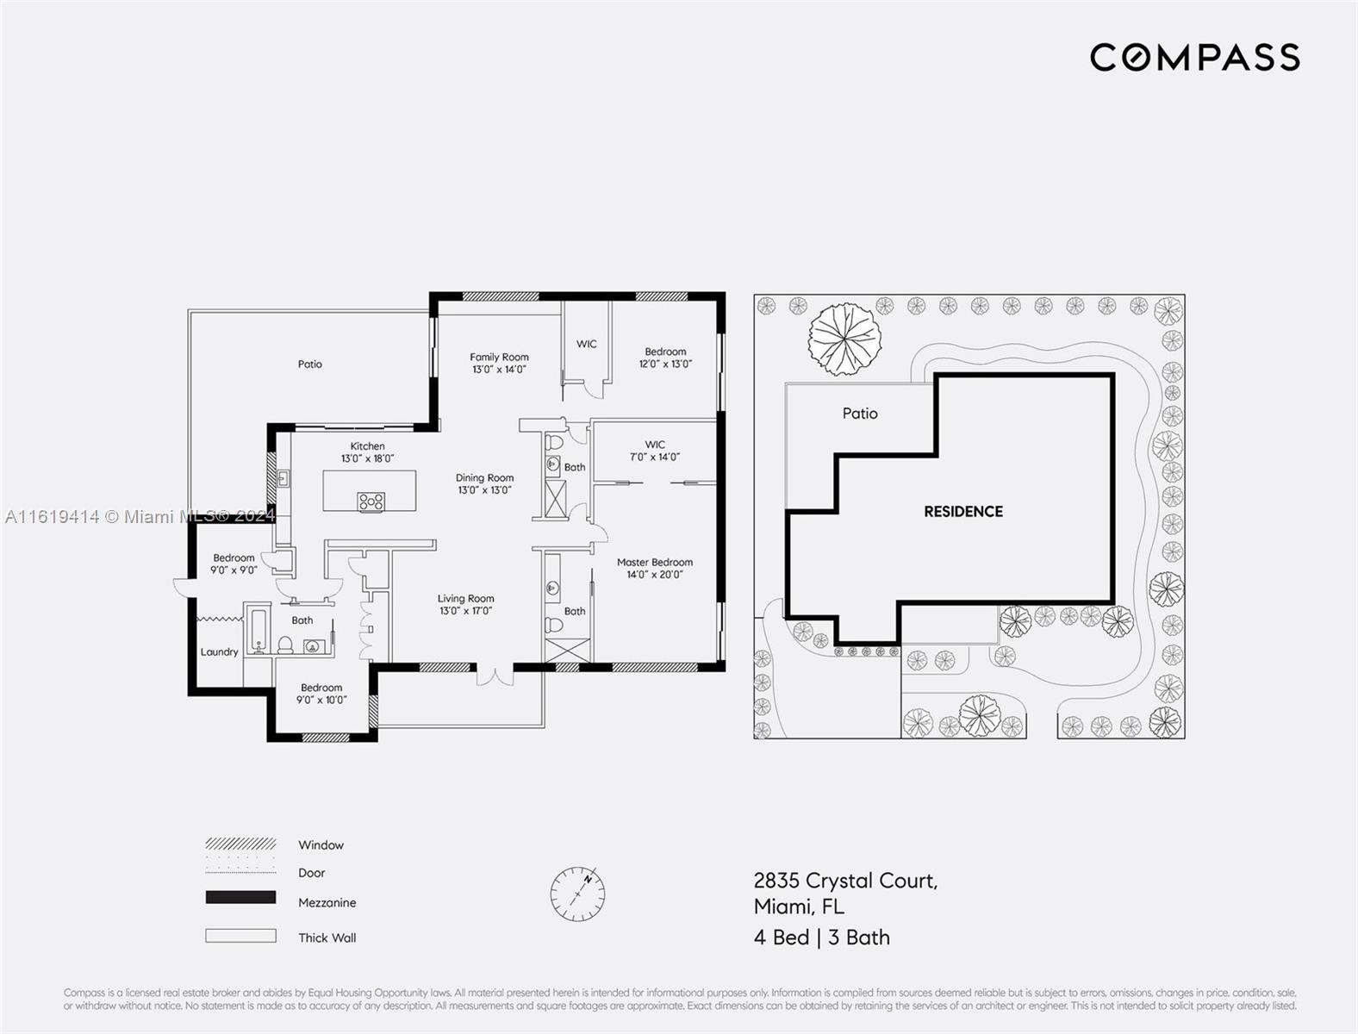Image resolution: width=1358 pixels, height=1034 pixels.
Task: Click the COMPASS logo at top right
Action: (x=1194, y=58)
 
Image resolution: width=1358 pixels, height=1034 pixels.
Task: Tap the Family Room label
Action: (x=499, y=357)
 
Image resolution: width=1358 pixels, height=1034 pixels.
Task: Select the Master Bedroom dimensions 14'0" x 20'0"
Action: (x=655, y=575)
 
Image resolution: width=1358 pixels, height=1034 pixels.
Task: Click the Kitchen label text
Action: (x=367, y=445)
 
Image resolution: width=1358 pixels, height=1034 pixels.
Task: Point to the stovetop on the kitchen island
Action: (x=371, y=501)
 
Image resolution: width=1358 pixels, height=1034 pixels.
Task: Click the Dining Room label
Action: (x=484, y=477)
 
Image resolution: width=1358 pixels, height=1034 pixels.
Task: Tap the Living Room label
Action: (x=465, y=598)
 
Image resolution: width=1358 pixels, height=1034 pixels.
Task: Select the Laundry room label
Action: (x=219, y=652)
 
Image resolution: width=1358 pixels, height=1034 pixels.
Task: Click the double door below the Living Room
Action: (x=494, y=675)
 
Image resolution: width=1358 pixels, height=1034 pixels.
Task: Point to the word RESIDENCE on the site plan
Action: (x=963, y=512)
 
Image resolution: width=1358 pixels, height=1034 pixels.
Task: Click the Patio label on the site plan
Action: (x=860, y=414)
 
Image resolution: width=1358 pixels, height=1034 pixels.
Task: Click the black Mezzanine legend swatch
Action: (x=240, y=898)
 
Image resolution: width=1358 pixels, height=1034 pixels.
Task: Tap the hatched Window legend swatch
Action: (x=240, y=844)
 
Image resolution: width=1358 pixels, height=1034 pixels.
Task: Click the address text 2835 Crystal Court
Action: (x=845, y=881)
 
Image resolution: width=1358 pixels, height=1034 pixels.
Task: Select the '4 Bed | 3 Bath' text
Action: (x=821, y=937)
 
